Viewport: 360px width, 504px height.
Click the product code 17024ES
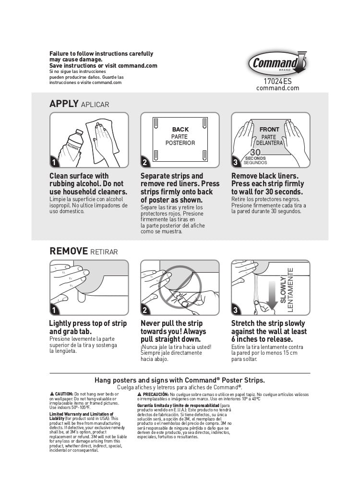[277, 81]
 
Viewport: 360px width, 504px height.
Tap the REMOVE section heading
[69, 251]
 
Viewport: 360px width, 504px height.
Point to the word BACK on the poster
[180, 130]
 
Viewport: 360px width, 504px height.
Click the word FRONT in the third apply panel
[269, 130]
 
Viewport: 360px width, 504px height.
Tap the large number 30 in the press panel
[255, 153]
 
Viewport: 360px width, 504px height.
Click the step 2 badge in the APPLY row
[145, 162]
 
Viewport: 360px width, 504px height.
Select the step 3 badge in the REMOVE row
[236, 310]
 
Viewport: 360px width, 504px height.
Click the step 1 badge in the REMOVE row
[54, 310]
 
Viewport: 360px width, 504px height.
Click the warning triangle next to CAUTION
[52, 394]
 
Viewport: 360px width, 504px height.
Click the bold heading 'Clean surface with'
[79, 176]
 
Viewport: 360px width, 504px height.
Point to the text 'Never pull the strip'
[171, 324]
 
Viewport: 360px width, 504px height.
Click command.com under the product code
[281, 88]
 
